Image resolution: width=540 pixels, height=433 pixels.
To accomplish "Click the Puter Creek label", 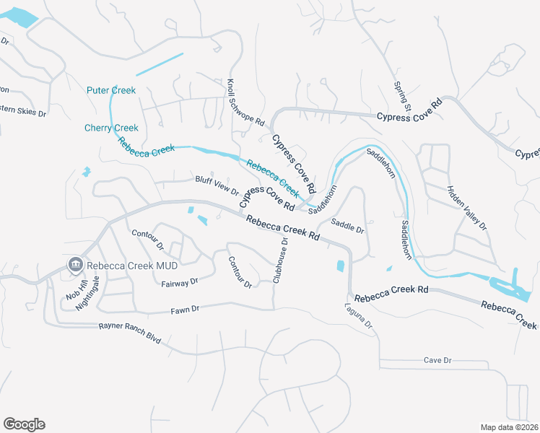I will pos(111,90).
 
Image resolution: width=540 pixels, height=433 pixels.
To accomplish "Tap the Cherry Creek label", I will pos(111,128).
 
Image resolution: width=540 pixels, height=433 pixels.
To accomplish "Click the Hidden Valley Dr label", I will pos(467,208).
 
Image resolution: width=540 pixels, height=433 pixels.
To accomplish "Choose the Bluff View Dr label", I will pos(217,185).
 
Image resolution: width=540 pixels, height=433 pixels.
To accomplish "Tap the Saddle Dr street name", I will pos(348,226).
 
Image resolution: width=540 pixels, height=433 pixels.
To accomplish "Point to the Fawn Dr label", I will pos(185,310).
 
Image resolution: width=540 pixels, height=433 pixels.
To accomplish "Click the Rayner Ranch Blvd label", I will pos(131,331).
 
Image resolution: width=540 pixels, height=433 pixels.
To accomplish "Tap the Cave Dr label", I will pos(437,359).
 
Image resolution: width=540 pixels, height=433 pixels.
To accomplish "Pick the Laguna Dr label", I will pos(359,316).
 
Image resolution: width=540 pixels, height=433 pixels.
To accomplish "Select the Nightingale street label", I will pos(88,294).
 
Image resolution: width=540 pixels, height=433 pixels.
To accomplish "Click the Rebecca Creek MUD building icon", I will pos(74,265).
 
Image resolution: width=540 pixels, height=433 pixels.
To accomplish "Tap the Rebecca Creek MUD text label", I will pos(132,265).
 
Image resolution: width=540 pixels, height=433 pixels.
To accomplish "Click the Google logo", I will pos(24,424).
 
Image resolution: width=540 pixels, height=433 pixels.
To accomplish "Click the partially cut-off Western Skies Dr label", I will pos(22,113).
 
